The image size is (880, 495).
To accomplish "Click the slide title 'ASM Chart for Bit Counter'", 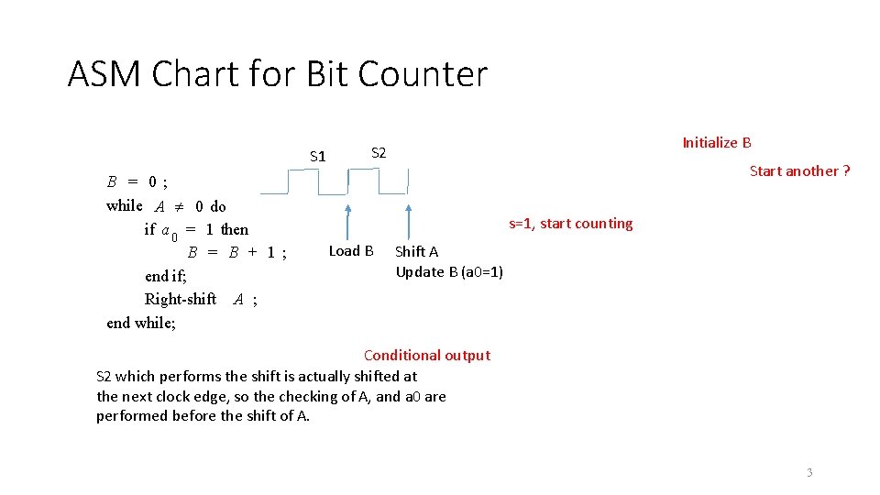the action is point(277,74).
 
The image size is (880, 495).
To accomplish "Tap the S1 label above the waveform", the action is point(317,157).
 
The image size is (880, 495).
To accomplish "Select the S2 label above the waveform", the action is point(378,153).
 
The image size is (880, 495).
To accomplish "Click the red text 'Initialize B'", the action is point(717,142).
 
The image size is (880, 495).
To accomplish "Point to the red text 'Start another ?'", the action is point(799,170).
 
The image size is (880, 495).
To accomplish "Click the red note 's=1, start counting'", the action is point(570,224).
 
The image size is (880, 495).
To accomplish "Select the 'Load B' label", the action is point(351,250).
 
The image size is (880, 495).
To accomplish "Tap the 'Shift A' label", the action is point(416,251).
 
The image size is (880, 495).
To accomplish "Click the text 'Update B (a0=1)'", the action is point(449,271).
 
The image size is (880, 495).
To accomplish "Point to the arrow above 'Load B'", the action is point(348,221).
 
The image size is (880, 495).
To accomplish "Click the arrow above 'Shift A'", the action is point(408,221).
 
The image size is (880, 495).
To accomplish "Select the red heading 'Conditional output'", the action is point(426,355).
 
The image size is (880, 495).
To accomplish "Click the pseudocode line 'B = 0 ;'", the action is point(137,181).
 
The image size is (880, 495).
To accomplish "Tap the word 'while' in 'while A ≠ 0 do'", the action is point(125,205).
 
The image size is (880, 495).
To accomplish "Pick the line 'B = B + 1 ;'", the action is point(237,252).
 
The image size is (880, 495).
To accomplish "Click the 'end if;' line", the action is point(166,276).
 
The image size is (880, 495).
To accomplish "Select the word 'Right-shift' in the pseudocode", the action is point(181,299).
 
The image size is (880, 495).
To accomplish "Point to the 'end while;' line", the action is point(141,322).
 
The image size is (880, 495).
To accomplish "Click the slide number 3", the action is point(808,472).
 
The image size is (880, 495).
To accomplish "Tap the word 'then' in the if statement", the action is point(234,229).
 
